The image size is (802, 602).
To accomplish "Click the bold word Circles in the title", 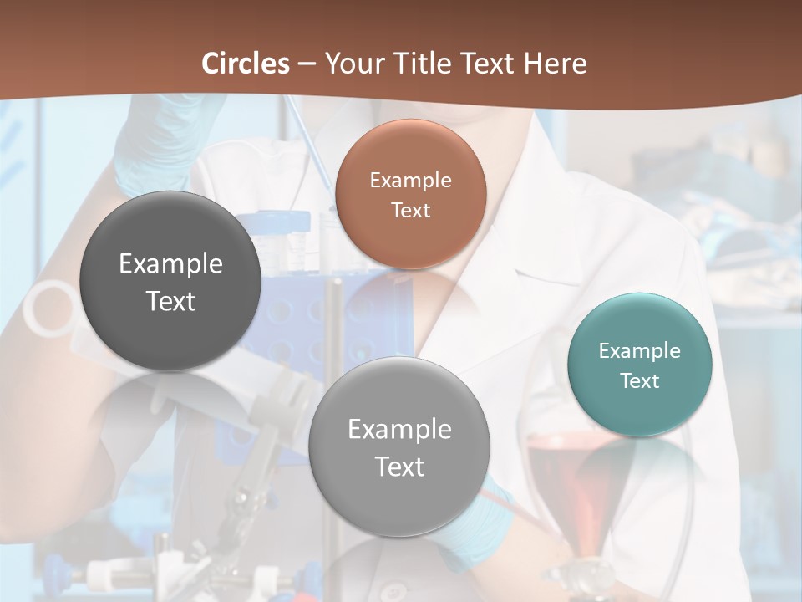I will coord(246,64).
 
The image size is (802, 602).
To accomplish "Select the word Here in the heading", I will coord(556,64).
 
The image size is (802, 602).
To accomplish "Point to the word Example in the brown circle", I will coord(410,180).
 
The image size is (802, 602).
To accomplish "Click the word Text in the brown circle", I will coord(410,210).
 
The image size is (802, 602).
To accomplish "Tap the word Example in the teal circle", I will coord(640,350).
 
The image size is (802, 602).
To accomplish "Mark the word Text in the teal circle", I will coord(640,380).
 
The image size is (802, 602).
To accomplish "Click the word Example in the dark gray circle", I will coord(170,263).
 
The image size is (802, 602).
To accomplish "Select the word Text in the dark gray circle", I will coord(170,301).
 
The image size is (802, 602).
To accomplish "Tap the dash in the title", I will coord(307,64).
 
